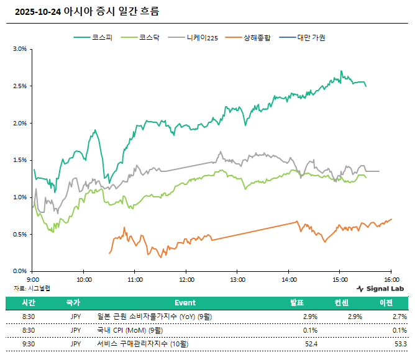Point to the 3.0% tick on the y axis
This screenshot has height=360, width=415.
point(19,49)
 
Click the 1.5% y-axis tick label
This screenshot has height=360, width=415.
point(19,160)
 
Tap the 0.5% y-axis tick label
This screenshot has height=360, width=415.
point(19,235)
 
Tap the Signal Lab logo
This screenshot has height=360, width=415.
point(380,289)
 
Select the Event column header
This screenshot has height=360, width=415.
point(185,303)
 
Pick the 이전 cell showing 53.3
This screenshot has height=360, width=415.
point(400,344)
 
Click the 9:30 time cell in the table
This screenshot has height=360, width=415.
point(28,344)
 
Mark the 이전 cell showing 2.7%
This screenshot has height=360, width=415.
point(399,317)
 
